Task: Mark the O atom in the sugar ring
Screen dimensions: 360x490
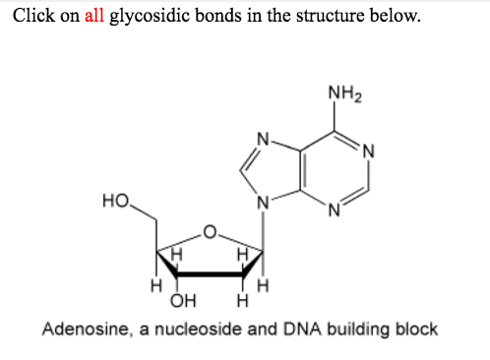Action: click(208, 234)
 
